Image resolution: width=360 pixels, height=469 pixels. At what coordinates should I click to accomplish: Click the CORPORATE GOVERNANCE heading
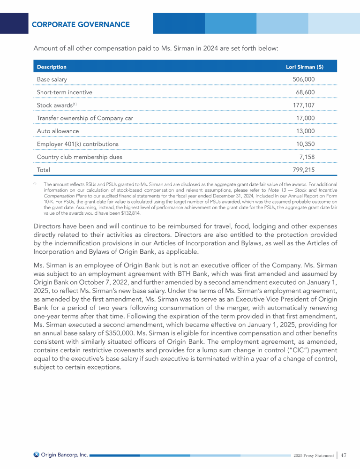tap(81, 24)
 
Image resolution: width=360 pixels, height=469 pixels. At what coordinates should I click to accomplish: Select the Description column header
tap(52, 67)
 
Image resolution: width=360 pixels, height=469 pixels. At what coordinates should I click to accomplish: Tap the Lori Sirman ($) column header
tap(304, 67)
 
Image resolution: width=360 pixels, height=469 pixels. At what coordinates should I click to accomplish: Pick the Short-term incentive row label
tap(64, 92)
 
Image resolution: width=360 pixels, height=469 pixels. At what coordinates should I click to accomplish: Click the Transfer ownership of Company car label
tap(85, 118)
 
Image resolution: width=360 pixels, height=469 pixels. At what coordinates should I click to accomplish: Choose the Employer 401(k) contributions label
tap(77, 144)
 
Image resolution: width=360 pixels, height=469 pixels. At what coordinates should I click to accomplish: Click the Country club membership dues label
tap(80, 157)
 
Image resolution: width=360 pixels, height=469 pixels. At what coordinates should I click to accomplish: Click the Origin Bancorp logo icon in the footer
tap(36, 454)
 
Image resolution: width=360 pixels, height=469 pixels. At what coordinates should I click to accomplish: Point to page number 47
tap(344, 455)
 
